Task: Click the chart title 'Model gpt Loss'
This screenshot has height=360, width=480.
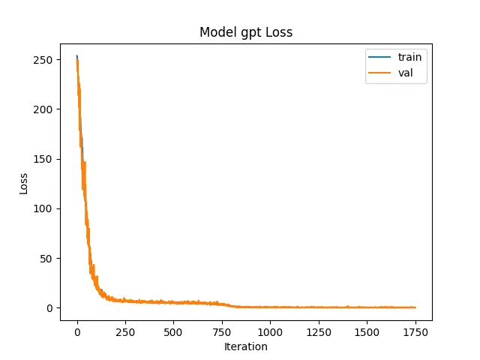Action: (x=246, y=32)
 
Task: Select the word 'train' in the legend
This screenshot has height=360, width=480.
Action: (x=409, y=57)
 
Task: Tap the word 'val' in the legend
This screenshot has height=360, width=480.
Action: (x=405, y=73)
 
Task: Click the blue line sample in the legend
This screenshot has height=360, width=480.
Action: (x=379, y=57)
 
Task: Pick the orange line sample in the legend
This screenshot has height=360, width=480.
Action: (x=379, y=73)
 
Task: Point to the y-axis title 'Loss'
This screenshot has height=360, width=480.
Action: (x=23, y=184)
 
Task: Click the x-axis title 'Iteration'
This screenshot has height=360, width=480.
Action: (x=246, y=346)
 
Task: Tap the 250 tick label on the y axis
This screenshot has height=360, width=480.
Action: (x=43, y=60)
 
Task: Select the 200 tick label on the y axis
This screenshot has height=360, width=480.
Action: (x=43, y=109)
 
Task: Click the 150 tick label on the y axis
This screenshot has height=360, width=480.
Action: (x=43, y=159)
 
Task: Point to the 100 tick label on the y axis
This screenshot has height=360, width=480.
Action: (x=43, y=208)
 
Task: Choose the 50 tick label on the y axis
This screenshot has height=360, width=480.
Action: (x=46, y=259)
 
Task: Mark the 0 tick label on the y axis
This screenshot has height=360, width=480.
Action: (x=49, y=308)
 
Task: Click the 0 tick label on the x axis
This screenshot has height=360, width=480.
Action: (x=77, y=332)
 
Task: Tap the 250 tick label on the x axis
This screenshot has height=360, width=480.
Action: (x=125, y=332)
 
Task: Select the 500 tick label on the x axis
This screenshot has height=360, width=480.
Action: (x=173, y=332)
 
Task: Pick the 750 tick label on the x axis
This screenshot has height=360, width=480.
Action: (x=222, y=332)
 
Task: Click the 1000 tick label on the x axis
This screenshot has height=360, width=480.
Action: (x=270, y=332)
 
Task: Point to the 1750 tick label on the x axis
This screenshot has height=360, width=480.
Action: (x=415, y=332)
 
